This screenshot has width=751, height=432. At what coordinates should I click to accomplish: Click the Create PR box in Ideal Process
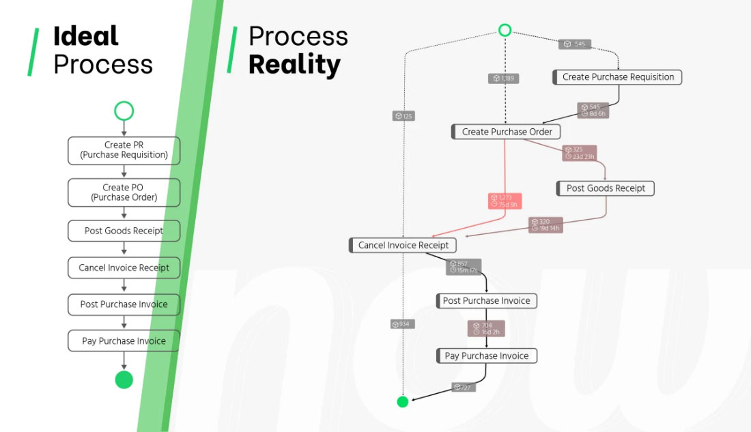[x=124, y=150]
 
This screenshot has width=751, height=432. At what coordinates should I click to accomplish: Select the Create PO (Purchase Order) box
[x=124, y=192]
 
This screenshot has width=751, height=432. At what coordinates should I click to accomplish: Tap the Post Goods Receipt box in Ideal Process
[x=124, y=231]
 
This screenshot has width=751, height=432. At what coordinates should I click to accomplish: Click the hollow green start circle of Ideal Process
[x=124, y=111]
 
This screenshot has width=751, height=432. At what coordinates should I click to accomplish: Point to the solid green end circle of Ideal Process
[x=124, y=379]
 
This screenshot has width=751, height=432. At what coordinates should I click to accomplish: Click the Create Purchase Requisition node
[x=617, y=77]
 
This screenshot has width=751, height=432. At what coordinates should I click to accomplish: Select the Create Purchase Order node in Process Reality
[x=506, y=132]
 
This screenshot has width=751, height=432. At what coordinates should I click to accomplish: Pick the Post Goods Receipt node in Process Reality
[x=605, y=188]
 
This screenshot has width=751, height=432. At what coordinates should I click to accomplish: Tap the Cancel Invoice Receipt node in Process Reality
[x=403, y=245]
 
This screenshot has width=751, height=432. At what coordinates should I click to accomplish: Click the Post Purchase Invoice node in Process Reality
[x=486, y=300]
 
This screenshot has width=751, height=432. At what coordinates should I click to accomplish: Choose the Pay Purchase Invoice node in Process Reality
[x=486, y=356]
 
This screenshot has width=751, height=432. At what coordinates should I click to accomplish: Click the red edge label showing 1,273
[x=505, y=201]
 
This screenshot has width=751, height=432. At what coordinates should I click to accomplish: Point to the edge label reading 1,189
[x=504, y=78]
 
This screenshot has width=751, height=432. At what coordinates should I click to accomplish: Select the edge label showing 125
[x=403, y=116]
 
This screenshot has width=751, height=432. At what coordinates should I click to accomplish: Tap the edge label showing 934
[x=403, y=324]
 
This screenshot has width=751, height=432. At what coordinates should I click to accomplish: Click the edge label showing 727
[x=464, y=388]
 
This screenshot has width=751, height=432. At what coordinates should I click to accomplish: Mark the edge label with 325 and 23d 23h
[x=580, y=153]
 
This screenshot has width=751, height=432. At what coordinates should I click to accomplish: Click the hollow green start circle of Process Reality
[x=505, y=30]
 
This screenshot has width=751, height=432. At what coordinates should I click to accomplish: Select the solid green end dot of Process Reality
[x=403, y=401]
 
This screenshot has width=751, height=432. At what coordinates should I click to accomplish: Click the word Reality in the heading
[x=294, y=65]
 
